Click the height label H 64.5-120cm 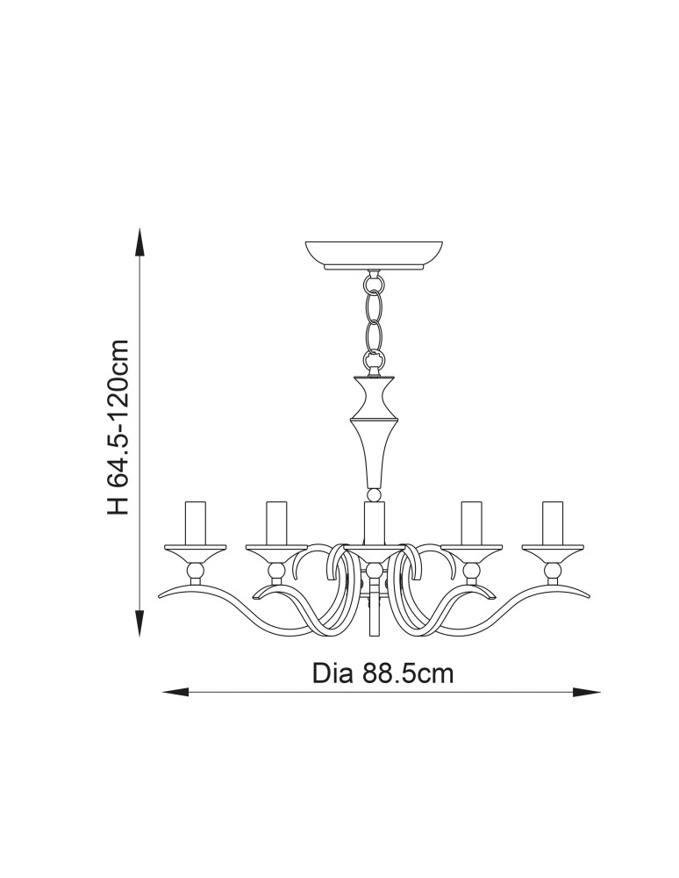(118, 427)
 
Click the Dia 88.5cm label (382, 673)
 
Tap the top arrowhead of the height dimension (139, 242)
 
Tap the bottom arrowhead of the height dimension (139, 623)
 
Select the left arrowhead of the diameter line (175, 693)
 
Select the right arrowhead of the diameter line (587, 693)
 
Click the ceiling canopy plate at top (374, 255)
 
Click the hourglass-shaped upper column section (374, 398)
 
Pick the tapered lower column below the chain (374, 455)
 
